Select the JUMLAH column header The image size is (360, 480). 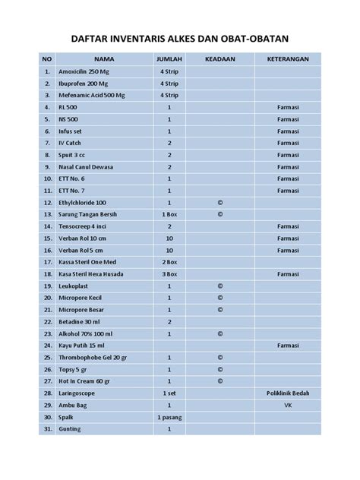(x=169, y=59)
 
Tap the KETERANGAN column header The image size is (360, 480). (x=288, y=59)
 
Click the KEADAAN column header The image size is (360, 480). (x=219, y=59)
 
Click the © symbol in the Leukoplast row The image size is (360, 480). (x=219, y=286)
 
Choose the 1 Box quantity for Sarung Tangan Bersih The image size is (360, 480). (x=169, y=215)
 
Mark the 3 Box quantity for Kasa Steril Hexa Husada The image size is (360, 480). (x=169, y=273)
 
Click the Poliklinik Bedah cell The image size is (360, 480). (x=288, y=393)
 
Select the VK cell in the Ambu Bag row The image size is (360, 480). (x=288, y=406)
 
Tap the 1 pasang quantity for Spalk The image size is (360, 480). (x=169, y=417)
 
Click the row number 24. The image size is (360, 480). (x=48, y=346)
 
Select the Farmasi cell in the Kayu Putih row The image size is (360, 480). (x=288, y=346)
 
